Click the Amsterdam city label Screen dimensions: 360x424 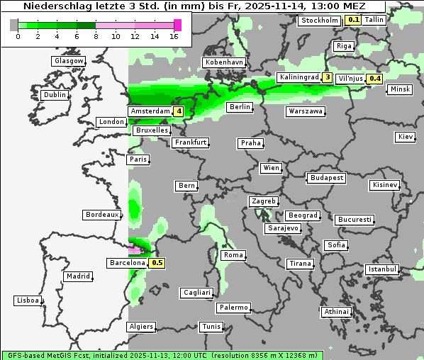click(150, 111)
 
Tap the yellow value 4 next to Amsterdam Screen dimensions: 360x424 click(179, 111)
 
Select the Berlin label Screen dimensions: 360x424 click(240, 107)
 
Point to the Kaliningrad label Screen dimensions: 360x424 click(299, 77)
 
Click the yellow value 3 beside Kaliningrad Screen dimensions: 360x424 click(327, 77)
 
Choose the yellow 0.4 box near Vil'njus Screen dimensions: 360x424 click(374, 79)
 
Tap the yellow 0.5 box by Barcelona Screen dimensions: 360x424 click(157, 263)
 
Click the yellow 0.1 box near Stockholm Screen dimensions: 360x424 click(353, 20)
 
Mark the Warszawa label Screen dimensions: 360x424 click(306, 111)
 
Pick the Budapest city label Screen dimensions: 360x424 click(326, 177)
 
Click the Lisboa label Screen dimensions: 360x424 click(27, 300)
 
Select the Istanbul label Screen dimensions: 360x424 click(382, 269)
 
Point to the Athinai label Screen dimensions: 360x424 click(336, 312)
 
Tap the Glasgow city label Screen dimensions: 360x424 click(69, 61)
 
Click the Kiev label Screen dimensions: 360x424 click(406, 136)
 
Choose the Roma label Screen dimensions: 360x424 click(233, 255)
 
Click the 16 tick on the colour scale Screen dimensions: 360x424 click(174, 36)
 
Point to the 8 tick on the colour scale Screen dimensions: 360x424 click(96, 36)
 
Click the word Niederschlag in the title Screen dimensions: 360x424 click(50, 6)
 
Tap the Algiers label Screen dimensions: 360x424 click(140, 327)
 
